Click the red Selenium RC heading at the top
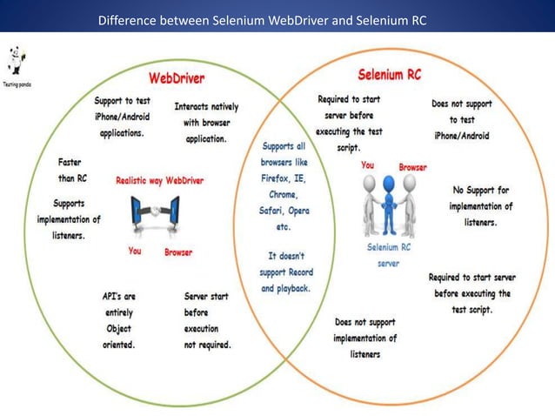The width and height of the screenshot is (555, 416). pyautogui.click(x=389, y=75)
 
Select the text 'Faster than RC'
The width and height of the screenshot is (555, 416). pyautogui.click(x=70, y=169)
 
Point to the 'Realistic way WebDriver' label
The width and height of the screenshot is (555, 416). pyautogui.click(x=159, y=180)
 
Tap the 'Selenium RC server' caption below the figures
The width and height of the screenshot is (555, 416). pyautogui.click(x=388, y=256)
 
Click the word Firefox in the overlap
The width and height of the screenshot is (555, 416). pyautogui.click(x=275, y=178)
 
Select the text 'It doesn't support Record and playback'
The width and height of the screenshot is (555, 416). pyautogui.click(x=284, y=272)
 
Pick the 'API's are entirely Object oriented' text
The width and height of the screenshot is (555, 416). pyautogui.click(x=118, y=320)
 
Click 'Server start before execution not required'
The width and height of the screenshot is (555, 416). pyautogui.click(x=207, y=320)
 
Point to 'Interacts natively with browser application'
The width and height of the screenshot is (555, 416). pyautogui.click(x=206, y=123)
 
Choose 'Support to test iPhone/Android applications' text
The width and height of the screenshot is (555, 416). pyautogui.click(x=122, y=117)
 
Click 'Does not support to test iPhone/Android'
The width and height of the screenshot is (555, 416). pyautogui.click(x=461, y=120)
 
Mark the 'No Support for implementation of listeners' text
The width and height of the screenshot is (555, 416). pyautogui.click(x=480, y=206)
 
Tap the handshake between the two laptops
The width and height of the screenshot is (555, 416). pyautogui.click(x=153, y=213)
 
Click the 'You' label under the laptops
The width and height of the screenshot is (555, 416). pyautogui.click(x=135, y=252)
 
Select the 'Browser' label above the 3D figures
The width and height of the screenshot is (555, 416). pyautogui.click(x=412, y=166)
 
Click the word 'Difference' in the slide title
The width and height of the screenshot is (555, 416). pyautogui.click(x=130, y=19)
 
